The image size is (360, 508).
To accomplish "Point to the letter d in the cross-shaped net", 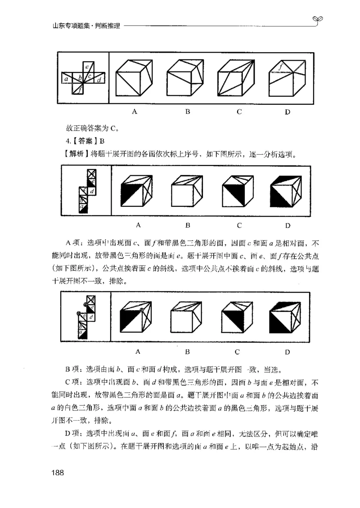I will click(99, 80).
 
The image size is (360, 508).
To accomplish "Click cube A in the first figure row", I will click(134, 77).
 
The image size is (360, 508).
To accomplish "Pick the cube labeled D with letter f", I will click(286, 77).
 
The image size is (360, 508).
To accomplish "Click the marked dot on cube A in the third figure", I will click(141, 310).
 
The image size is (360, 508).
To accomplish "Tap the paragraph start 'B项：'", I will click(74, 371).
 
